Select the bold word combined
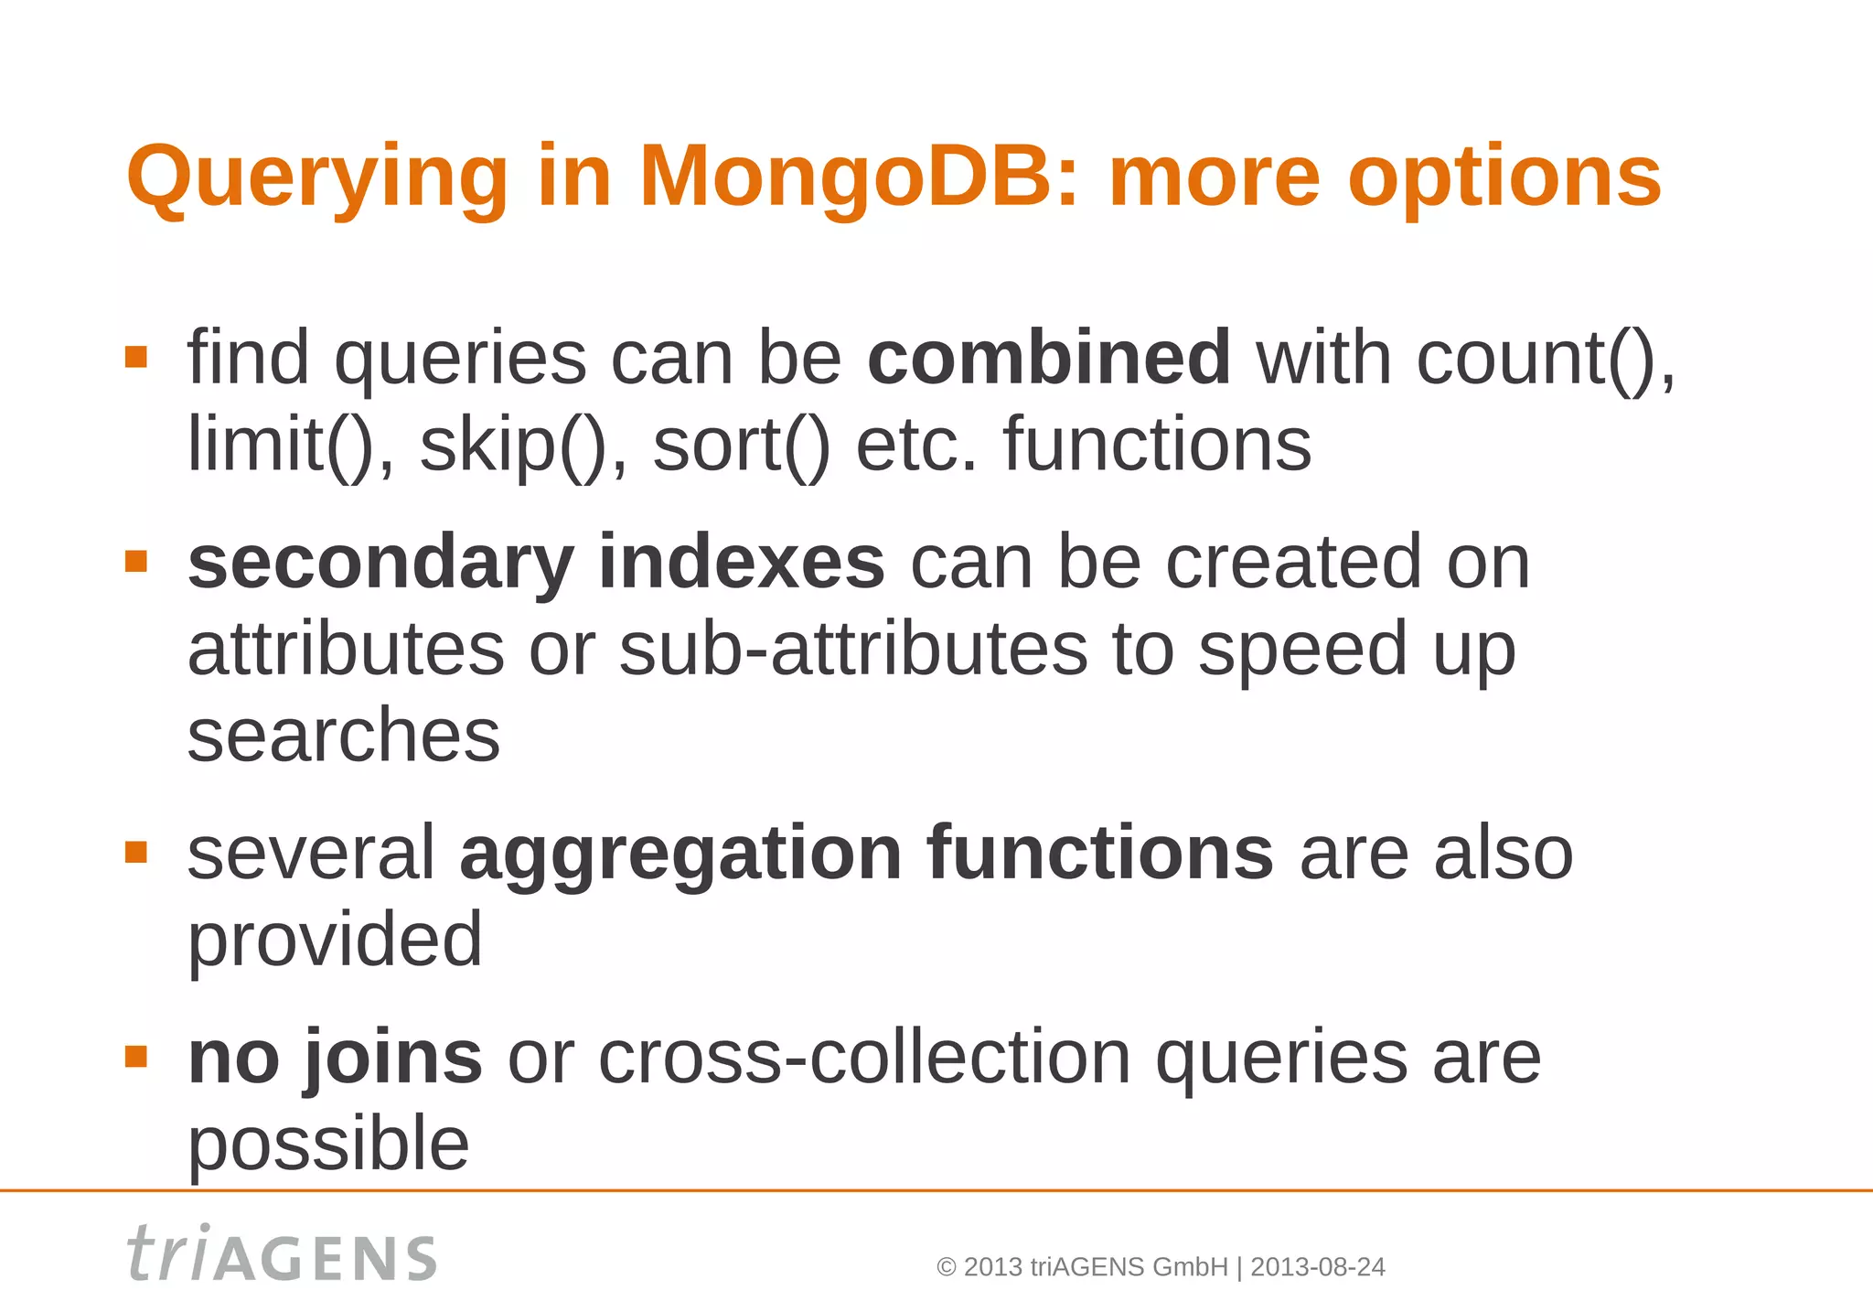pyautogui.click(x=1049, y=358)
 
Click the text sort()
pyautogui.click(x=741, y=446)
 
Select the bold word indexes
pyautogui.click(x=741, y=563)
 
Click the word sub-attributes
pyautogui.click(x=852, y=649)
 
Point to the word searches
pyautogui.click(x=344, y=736)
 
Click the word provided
pyautogui.click(x=335, y=940)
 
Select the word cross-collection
pyautogui.click(x=864, y=1058)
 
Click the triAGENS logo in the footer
pyautogui.click(x=282, y=1254)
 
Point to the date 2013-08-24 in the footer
pyautogui.click(x=1317, y=1267)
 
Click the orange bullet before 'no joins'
pyautogui.click(x=136, y=1057)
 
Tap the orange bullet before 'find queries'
pyautogui.click(x=136, y=357)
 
